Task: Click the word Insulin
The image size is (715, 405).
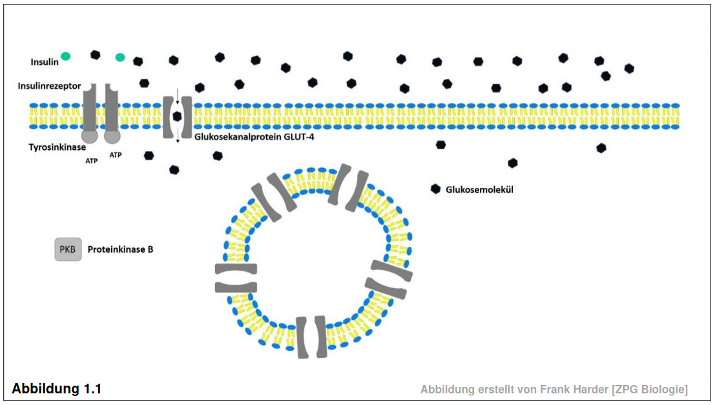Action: (45, 62)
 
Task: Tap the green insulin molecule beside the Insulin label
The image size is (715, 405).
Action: (66, 56)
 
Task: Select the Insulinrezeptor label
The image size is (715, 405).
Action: (49, 86)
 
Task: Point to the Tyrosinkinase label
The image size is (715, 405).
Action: (57, 147)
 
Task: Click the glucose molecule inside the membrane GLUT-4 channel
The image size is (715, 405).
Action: (178, 116)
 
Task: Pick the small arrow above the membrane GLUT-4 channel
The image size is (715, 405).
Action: (178, 96)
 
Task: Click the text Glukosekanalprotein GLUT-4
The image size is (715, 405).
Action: (254, 137)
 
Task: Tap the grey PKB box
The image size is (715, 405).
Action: (68, 249)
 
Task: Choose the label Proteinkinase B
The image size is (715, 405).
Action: (120, 249)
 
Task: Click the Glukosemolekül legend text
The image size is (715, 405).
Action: (479, 190)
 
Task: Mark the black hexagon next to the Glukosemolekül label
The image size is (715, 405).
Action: (435, 189)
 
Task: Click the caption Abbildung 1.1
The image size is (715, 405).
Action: (57, 389)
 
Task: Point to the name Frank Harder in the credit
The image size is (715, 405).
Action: (574, 389)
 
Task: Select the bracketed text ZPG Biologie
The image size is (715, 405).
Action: (650, 389)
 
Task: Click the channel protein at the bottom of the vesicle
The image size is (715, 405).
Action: (311, 337)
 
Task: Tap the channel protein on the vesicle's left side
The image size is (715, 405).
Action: (236, 278)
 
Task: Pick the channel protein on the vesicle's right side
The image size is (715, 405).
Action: (389, 279)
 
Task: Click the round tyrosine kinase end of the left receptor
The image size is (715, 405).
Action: (89, 136)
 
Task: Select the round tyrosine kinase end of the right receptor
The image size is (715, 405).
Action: (112, 136)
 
